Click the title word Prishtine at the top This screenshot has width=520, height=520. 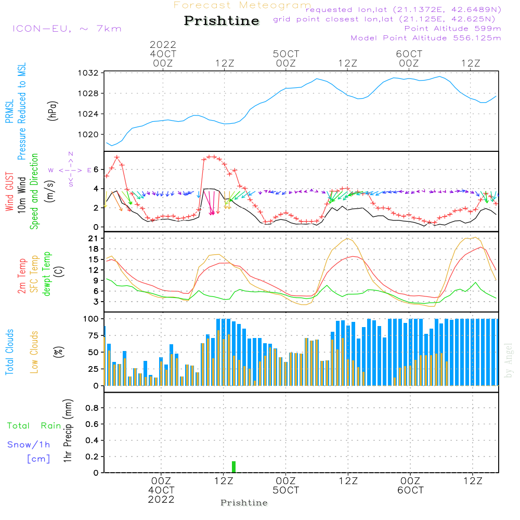pyautogui.click(x=222, y=21)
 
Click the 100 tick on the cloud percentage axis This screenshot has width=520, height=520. pyautogui.click(x=92, y=318)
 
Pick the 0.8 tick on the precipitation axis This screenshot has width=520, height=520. pyautogui.click(x=92, y=408)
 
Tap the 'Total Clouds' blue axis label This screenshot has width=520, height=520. pyautogui.click(x=9, y=352)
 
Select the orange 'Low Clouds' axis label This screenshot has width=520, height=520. pyautogui.click(x=34, y=352)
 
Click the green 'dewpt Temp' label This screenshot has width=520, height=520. pyautogui.click(x=47, y=274)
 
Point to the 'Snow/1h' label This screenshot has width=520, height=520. pyautogui.click(x=29, y=445)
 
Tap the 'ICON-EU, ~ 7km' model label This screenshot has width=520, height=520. pyautogui.click(x=67, y=29)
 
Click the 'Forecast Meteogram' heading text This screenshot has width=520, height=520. pyautogui.click(x=242, y=5)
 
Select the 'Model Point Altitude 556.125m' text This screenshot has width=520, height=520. pyautogui.click(x=426, y=38)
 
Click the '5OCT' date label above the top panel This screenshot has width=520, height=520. pyautogui.click(x=286, y=54)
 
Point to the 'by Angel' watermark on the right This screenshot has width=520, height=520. pyautogui.click(x=509, y=360)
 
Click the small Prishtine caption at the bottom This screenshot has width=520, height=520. pyautogui.click(x=244, y=503)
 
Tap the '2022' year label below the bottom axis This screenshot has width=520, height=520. pyautogui.click(x=162, y=500)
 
